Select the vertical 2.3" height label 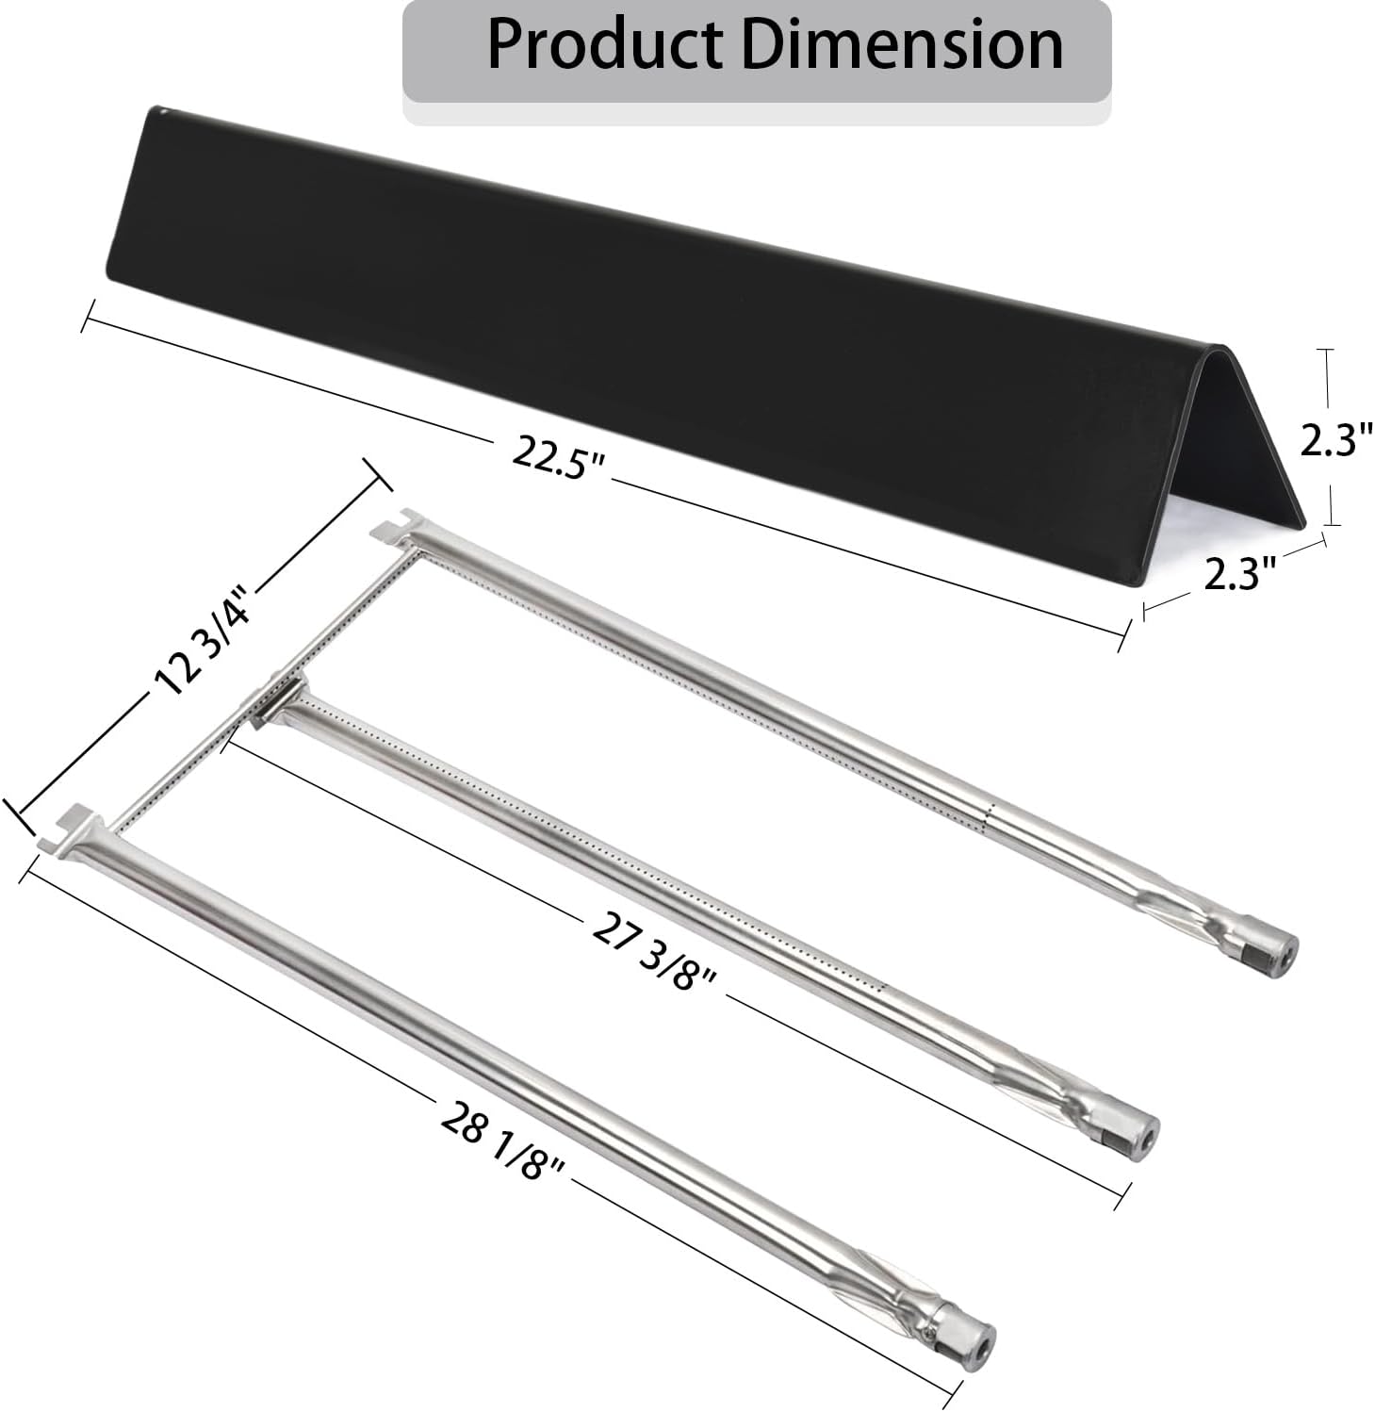pos(1334,439)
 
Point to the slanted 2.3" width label pos(1239,572)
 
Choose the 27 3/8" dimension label pos(654,952)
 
